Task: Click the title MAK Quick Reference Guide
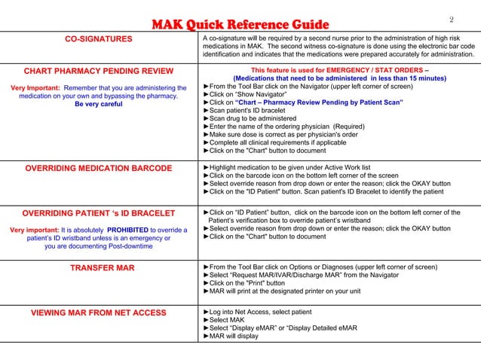[240, 25]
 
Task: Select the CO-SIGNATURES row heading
[98, 39]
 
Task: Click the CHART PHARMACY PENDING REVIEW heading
[99, 72]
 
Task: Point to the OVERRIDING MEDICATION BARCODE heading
[99, 168]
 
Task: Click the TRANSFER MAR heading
[99, 268]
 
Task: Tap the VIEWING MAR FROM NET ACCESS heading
[99, 313]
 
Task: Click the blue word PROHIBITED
[133, 230]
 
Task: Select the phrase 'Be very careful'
[99, 105]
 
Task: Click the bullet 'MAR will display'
[234, 337]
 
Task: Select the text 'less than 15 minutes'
[408, 78]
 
